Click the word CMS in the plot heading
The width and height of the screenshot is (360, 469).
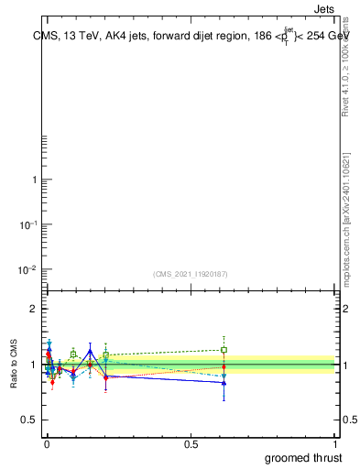[x=43, y=38]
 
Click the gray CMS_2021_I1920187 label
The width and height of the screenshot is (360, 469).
[x=190, y=274]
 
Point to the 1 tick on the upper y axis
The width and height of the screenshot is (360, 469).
[x=34, y=180]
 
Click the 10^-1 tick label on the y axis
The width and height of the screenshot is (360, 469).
[x=27, y=224]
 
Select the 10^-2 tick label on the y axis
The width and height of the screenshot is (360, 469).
[x=27, y=269]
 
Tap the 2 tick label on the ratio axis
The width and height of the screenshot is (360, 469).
[x=33, y=309]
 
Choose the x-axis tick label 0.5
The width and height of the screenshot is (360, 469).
[x=191, y=442]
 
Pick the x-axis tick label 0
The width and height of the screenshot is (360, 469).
[x=47, y=442]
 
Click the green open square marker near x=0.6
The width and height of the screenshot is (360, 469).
[x=224, y=350]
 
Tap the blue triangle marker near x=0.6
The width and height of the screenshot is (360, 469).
[x=224, y=383]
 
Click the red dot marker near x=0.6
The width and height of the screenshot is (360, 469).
[x=224, y=367]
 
